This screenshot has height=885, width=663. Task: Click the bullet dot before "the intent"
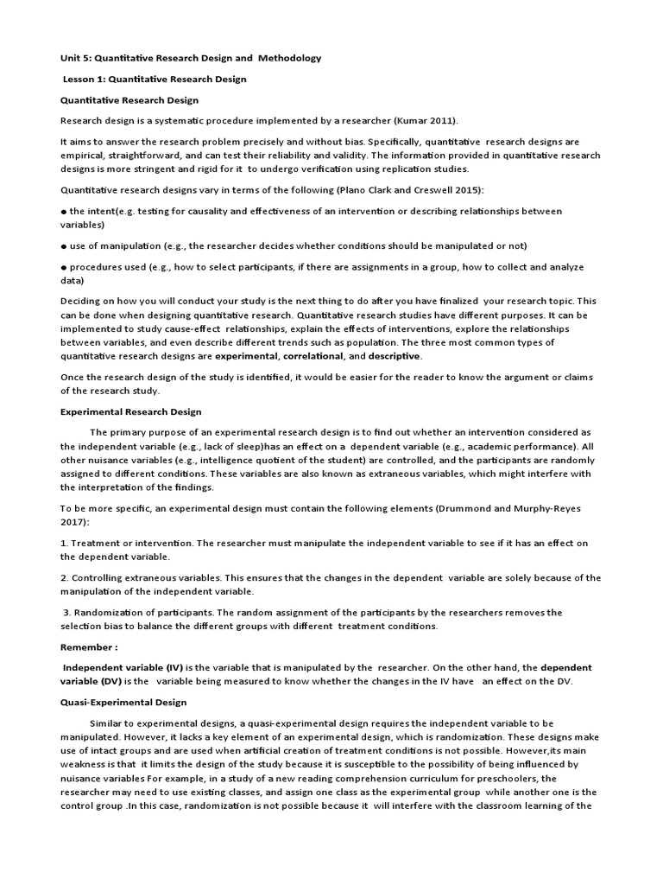pyautogui.click(x=64, y=212)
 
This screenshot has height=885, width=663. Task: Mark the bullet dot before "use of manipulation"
pyautogui.click(x=64, y=246)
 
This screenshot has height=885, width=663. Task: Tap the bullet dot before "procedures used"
pyautogui.click(x=64, y=268)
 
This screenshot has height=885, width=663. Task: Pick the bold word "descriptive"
pyautogui.click(x=395, y=356)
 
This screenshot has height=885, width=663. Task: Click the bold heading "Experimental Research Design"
pyautogui.click(x=130, y=412)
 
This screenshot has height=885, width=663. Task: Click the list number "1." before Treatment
pyautogui.click(x=64, y=543)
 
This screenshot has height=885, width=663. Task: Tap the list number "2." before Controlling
pyautogui.click(x=64, y=577)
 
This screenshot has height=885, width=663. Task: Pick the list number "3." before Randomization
pyautogui.click(x=67, y=612)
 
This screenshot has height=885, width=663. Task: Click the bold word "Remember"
pyautogui.click(x=85, y=646)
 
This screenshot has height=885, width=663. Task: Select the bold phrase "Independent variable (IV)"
pyautogui.click(x=123, y=668)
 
